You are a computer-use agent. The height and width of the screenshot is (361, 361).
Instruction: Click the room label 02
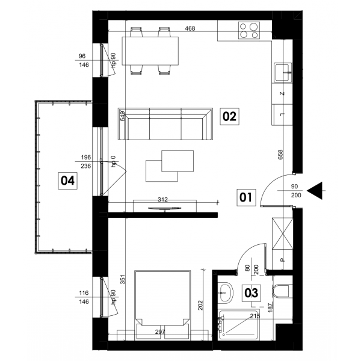(x=230, y=117)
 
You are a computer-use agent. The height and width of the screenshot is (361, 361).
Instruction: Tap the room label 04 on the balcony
(x=67, y=180)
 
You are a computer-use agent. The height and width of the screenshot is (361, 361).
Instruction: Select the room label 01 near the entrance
(x=246, y=197)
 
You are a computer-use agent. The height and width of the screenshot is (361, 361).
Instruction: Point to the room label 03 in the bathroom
(x=251, y=293)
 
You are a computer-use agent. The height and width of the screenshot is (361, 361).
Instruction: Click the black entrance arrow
(x=315, y=191)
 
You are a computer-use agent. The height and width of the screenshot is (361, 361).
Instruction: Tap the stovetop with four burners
(x=249, y=30)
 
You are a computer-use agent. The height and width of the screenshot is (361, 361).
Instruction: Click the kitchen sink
(x=283, y=72)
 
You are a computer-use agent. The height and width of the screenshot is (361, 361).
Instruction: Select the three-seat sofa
(x=165, y=124)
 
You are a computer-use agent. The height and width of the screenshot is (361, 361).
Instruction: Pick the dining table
(x=150, y=51)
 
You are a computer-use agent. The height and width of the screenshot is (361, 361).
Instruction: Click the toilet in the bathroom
(x=282, y=291)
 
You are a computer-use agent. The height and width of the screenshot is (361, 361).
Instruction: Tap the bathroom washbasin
(x=226, y=293)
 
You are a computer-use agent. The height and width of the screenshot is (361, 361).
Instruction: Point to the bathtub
(x=238, y=325)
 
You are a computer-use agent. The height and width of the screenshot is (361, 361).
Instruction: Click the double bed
(x=163, y=305)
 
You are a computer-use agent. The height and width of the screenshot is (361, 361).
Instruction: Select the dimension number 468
(x=190, y=28)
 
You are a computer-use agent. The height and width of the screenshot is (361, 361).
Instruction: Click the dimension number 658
(x=280, y=155)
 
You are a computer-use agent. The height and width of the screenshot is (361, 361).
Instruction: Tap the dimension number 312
(x=163, y=200)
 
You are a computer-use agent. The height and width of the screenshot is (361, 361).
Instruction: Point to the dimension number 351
(x=123, y=279)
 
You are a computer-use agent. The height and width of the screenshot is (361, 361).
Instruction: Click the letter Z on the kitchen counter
(x=282, y=93)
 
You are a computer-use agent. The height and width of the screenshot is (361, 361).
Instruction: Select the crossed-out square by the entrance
(x=283, y=233)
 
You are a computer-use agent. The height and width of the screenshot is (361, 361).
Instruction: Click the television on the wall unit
(x=164, y=209)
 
